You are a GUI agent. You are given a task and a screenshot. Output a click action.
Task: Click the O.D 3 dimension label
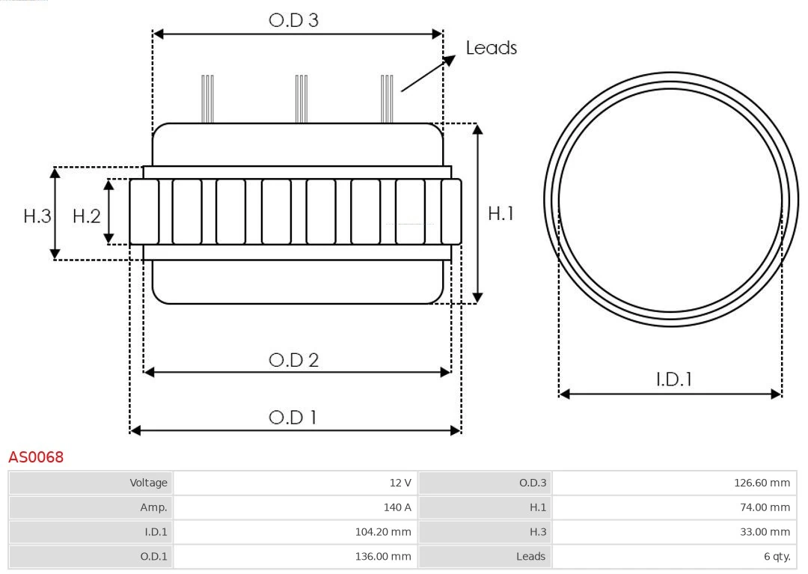[x=293, y=20]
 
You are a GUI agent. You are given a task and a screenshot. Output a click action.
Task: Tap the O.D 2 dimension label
[x=293, y=360]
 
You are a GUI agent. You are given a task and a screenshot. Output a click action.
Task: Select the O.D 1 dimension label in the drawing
[x=293, y=418]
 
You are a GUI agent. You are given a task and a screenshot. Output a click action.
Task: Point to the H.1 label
[x=501, y=213]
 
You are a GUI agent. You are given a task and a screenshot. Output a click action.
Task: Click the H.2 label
[x=86, y=216]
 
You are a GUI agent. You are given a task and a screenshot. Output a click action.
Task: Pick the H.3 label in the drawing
[x=37, y=216]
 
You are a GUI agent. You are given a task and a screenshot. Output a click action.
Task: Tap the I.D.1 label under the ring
[x=673, y=379]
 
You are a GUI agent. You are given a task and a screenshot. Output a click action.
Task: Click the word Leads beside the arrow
[x=491, y=48]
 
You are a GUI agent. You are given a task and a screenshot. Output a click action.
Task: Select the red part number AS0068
[x=36, y=457]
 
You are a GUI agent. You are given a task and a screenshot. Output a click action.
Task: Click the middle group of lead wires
[x=302, y=99]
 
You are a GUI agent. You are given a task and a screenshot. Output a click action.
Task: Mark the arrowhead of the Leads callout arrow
[x=450, y=59]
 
